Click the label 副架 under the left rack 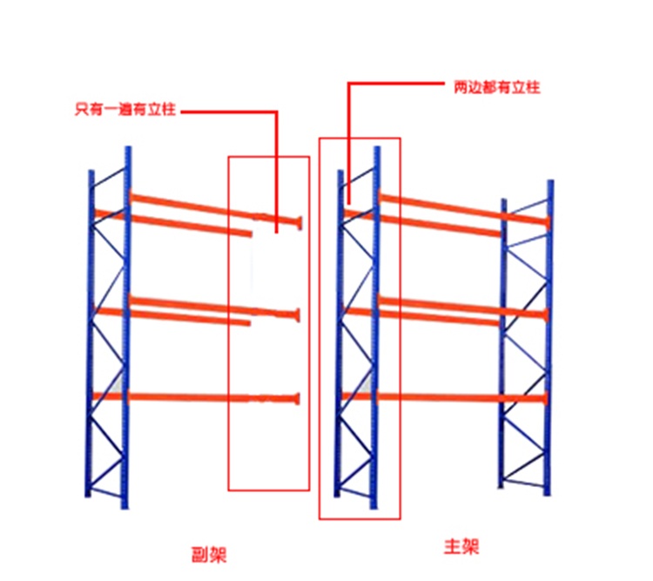209,555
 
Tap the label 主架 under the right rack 461,546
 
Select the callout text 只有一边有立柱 125,109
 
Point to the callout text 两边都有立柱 496,87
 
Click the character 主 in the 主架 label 452,546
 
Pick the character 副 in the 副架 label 200,555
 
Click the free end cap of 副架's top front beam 299,223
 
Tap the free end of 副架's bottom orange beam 297,399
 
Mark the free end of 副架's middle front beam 297,315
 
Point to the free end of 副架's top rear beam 250,233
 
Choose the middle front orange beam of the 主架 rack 462,307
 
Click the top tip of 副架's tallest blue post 128,147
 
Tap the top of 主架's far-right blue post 550,182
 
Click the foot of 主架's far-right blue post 548,494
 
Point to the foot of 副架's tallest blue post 125,507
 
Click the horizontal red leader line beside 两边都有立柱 396,84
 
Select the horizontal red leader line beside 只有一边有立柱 229,111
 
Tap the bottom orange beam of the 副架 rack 196,398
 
